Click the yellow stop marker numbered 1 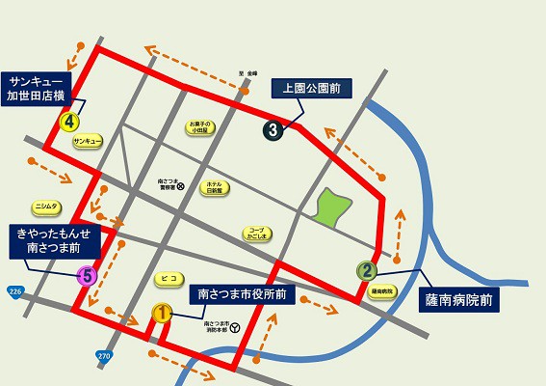tap(162, 313)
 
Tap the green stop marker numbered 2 tap(366, 270)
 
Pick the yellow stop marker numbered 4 tap(68, 123)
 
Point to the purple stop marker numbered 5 tap(86, 276)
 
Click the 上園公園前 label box tap(312, 88)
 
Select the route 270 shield tap(103, 356)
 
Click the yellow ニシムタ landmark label tap(46, 206)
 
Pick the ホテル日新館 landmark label tap(214, 186)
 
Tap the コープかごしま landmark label tap(256, 233)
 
